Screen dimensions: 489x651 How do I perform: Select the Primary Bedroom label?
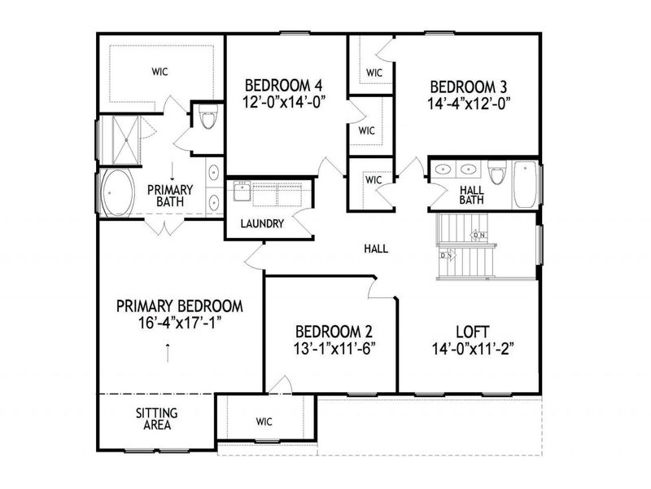[180, 306]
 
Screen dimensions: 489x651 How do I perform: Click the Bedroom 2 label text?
[334, 332]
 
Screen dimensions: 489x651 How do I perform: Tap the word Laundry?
[262, 223]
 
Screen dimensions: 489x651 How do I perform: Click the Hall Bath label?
[472, 194]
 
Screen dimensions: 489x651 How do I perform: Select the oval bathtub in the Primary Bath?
[118, 192]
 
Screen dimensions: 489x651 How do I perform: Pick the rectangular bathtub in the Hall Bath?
[525, 185]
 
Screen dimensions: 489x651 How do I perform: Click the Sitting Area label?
[156, 419]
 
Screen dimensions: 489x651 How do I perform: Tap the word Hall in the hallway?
[376, 249]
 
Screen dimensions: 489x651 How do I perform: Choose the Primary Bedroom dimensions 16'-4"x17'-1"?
[180, 323]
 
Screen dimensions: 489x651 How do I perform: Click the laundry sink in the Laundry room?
[242, 192]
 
